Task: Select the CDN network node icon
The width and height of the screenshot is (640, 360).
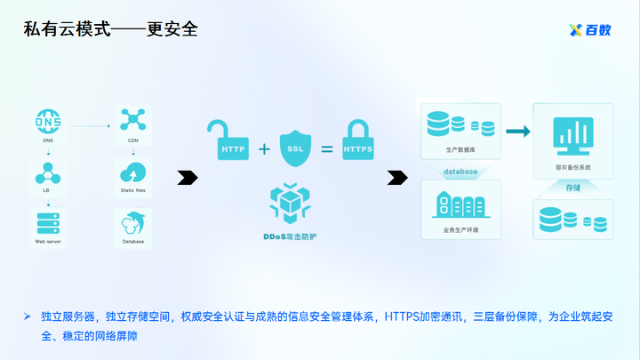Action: coord(132,121)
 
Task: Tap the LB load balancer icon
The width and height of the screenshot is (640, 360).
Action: coord(47,171)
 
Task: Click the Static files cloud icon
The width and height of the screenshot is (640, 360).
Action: coord(132,171)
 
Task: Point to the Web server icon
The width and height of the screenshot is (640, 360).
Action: coord(47,222)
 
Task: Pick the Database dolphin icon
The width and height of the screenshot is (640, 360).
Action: coord(132,223)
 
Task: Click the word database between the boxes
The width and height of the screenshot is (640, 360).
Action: coord(460,171)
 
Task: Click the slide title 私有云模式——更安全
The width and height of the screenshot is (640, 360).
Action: coord(111,29)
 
